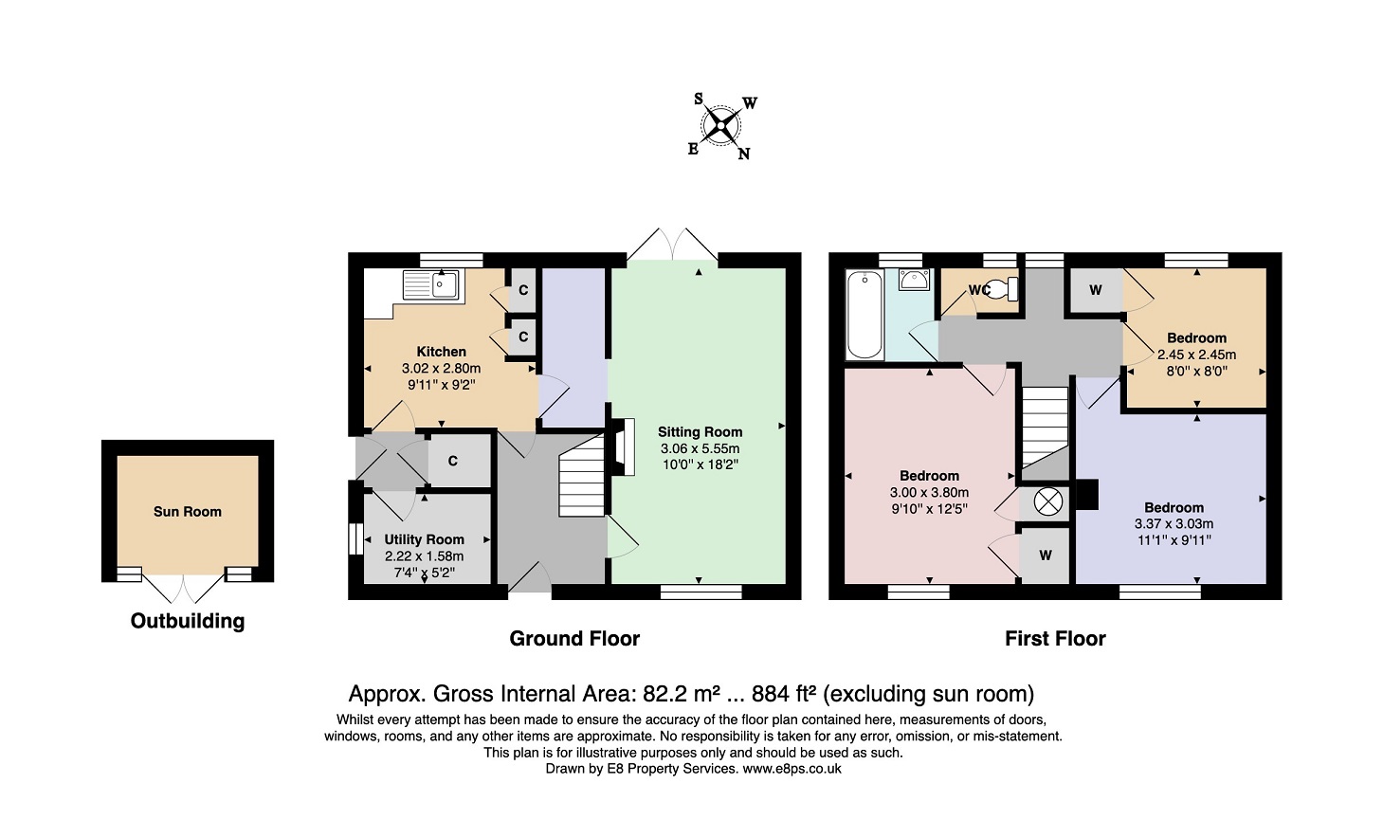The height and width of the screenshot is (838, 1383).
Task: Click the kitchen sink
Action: coord(431,285)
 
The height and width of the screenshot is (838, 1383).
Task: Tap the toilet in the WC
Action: coord(1001,289)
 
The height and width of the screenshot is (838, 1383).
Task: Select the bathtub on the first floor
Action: coord(864,315)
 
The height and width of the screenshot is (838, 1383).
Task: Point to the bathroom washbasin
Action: coord(914,280)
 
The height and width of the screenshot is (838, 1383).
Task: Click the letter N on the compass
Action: coord(744,154)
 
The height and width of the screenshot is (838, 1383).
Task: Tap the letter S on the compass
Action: coord(699,99)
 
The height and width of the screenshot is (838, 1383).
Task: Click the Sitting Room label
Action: coord(700,432)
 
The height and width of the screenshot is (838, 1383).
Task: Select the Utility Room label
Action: coord(424,539)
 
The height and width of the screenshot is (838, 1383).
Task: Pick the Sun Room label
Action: coord(188,512)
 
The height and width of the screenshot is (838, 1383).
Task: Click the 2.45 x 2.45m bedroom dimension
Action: coord(1196,355)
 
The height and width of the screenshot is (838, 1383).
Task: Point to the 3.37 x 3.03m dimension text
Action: coord(1174,524)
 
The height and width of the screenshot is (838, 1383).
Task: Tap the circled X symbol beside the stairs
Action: coord(1047,501)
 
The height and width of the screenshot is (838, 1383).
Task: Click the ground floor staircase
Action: coord(582,476)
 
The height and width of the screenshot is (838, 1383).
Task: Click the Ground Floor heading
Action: coord(574,639)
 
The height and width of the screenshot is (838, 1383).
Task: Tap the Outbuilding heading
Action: coord(188,621)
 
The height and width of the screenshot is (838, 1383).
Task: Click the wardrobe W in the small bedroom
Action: coord(1095,290)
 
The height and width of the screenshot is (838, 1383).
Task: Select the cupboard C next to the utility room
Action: coord(452,462)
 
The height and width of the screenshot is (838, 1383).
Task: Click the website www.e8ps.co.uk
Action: coord(792,769)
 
